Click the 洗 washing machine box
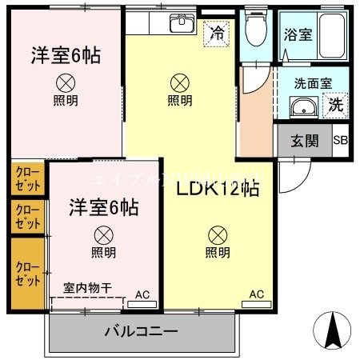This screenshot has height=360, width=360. point(335,104)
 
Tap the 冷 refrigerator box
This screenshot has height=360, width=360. point(216,33)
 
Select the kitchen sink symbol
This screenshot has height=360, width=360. point(182,23)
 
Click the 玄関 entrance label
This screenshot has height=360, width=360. point(304,142)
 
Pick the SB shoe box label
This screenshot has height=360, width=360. point(340,142)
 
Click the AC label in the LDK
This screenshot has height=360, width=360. point(256,294)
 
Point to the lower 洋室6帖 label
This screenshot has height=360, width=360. point(102,207)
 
